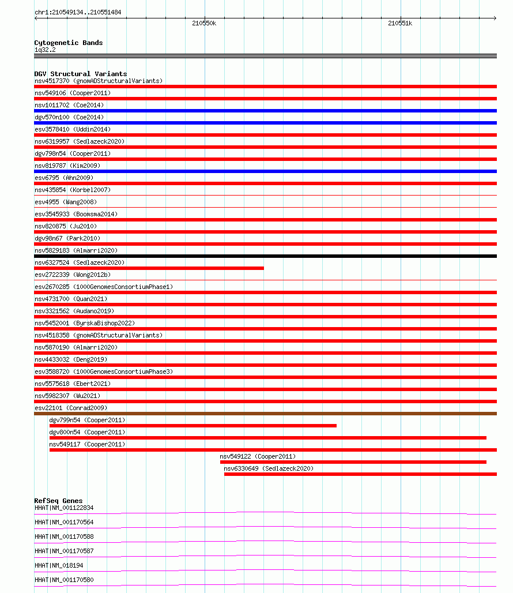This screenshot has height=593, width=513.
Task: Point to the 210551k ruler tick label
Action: pyautogui.click(x=399, y=24)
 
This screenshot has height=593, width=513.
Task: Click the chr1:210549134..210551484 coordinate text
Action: pyautogui.click(x=78, y=12)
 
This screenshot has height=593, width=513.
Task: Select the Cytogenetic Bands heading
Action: pyautogui.click(x=68, y=43)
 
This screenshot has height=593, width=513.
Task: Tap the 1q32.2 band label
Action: pyautogui.click(x=45, y=50)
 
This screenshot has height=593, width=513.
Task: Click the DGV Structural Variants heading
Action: pyautogui.click(x=80, y=74)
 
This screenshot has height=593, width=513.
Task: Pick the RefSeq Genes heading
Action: pyautogui.click(x=58, y=501)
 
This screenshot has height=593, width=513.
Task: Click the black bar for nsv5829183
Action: pyautogui.click(x=265, y=256)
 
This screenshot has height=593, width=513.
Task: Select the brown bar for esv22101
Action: pyautogui.click(x=265, y=414)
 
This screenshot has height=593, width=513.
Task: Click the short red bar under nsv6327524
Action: pyautogui.click(x=149, y=268)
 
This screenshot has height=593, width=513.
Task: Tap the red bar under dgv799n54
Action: pyautogui.click(x=193, y=426)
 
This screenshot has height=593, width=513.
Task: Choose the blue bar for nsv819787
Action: pyautogui.click(x=265, y=171)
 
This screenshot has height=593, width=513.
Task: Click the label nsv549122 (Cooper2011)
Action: pyautogui.click(x=257, y=456)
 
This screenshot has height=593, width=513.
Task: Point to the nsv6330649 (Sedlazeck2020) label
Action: pyautogui.click(x=269, y=468)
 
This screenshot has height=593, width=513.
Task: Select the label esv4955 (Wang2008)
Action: pyautogui.click(x=66, y=202)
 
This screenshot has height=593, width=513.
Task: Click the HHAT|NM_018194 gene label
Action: pyautogui.click(x=59, y=565)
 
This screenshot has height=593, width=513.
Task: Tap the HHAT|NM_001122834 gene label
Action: pyautogui.click(x=64, y=508)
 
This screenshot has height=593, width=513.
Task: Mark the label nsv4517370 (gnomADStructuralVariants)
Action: pyautogui.click(x=99, y=81)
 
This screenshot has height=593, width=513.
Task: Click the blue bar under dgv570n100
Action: pyautogui.click(x=265, y=123)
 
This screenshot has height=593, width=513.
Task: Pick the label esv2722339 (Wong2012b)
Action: pyautogui.click(x=72, y=275)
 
